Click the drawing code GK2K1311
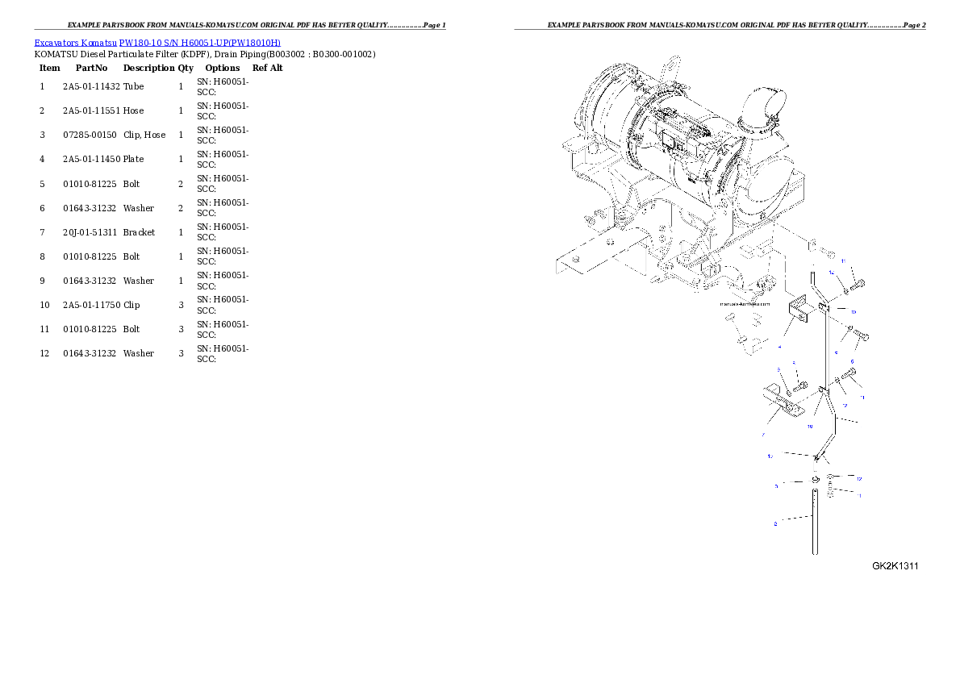(895, 566)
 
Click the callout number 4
(779, 347)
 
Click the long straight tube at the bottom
(816, 524)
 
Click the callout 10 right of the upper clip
(853, 310)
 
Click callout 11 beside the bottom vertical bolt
(860, 495)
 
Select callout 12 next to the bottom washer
(860, 479)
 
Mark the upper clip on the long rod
(824, 307)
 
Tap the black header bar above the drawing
(720, 29)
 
